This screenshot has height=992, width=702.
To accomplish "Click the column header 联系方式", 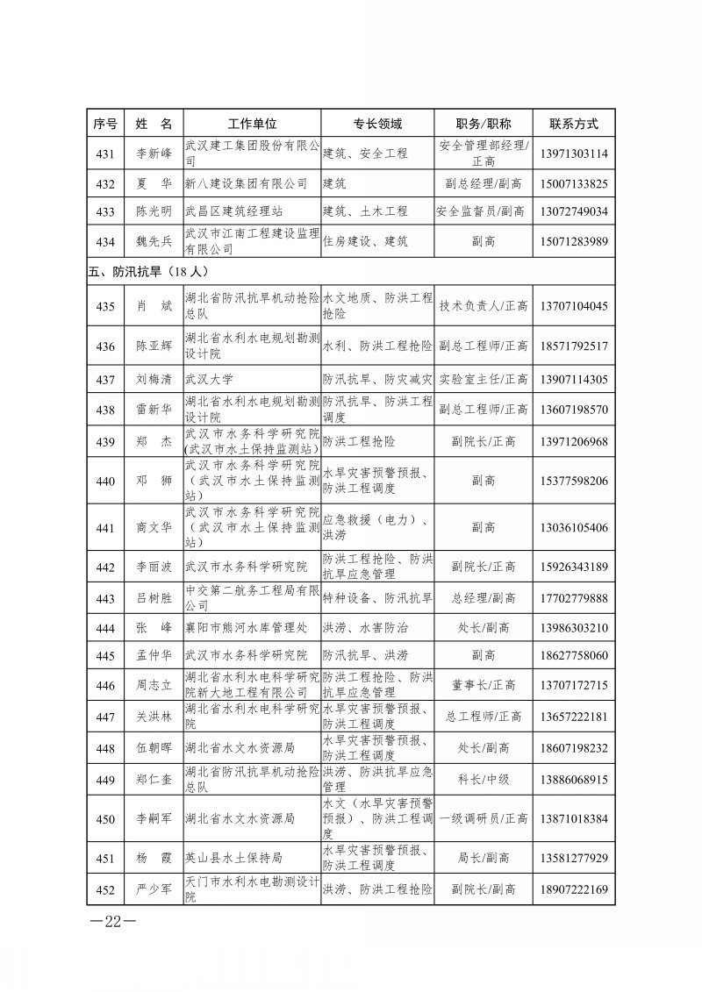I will (573, 123).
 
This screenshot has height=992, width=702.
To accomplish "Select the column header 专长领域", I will (377, 123).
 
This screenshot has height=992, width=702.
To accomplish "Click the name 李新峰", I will (154, 153).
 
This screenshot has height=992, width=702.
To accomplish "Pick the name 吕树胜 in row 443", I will (154, 598).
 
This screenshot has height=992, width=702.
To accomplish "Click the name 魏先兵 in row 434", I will (154, 241).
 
